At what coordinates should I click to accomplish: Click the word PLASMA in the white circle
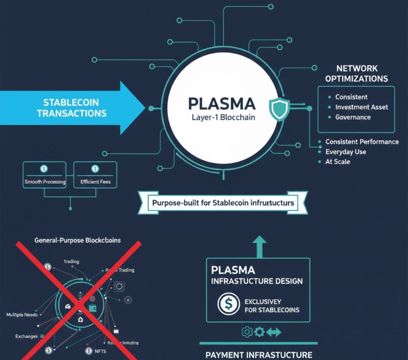coord(222,104)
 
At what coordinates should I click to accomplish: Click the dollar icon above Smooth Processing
coord(44,169)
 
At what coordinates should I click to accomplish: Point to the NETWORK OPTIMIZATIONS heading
coord(357,74)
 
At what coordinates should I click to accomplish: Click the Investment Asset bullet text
coord(361,107)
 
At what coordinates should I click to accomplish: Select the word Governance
coord(353,117)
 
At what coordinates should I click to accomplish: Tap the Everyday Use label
coord(345,152)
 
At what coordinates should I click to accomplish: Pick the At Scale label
coord(337,162)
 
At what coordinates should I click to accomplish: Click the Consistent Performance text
coord(362,142)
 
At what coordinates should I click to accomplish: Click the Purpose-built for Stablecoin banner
coord(223,203)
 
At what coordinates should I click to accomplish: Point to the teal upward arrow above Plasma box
coord(259,245)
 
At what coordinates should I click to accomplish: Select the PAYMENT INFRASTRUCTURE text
coord(259,354)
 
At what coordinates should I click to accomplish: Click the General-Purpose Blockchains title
coord(78,240)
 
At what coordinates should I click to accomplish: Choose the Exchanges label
coord(26,336)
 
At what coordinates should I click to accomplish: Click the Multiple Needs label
coord(22,315)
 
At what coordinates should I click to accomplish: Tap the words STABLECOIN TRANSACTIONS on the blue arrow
coord(72,108)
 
